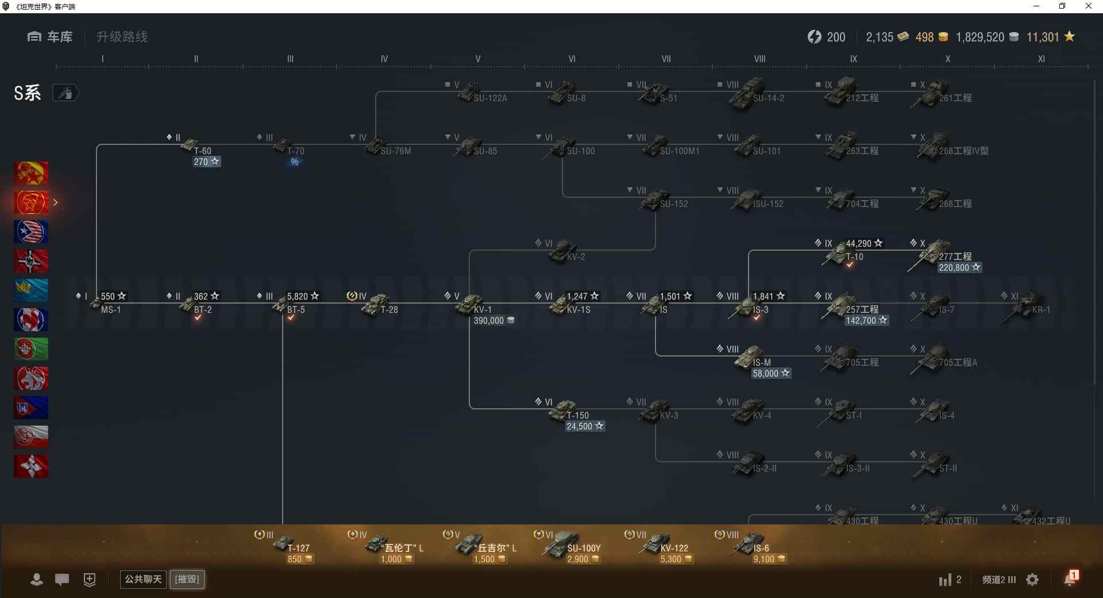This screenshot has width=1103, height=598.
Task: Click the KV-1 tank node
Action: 471,305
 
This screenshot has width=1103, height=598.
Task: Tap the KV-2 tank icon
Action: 564,252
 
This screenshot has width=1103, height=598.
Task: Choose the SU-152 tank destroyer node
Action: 657,200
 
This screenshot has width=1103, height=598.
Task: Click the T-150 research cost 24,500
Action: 584,426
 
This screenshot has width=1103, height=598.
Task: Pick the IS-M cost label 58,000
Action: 770,373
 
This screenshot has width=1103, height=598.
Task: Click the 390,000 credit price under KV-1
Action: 493,320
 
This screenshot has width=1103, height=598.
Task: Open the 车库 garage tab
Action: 51,37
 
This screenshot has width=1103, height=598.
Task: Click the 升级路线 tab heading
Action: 122,37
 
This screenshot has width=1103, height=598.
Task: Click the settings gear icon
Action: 1032,580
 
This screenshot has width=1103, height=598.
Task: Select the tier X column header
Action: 947,59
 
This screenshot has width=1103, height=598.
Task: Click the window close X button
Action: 1088,6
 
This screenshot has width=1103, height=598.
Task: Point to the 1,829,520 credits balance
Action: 980,37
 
